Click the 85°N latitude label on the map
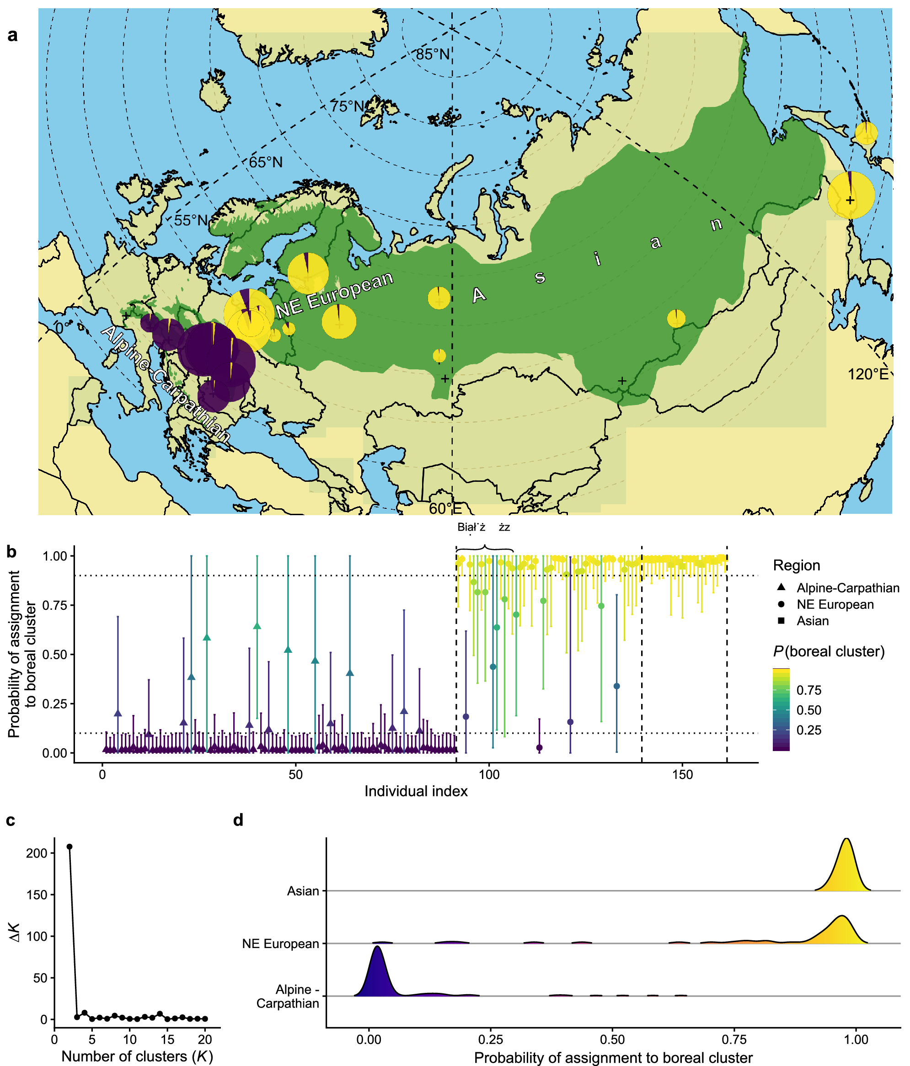(432, 54)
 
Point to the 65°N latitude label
(266, 162)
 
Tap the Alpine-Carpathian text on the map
(166, 383)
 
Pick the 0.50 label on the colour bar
(808, 710)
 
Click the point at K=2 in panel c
(70, 846)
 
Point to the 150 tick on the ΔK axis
(37, 895)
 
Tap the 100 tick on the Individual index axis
(489, 774)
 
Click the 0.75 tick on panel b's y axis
(54, 605)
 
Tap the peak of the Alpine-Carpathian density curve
(378, 947)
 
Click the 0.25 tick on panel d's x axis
(491, 1039)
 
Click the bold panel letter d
(238, 820)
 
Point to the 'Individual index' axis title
(416, 791)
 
